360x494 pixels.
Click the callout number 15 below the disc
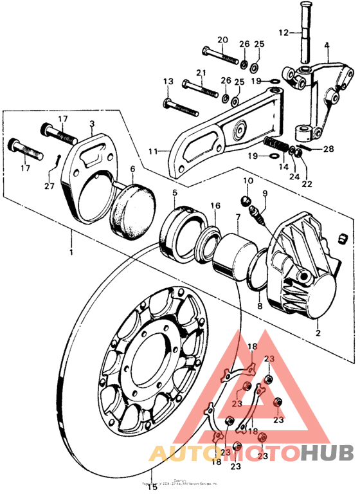[152, 487]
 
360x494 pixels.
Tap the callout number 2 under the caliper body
[317, 334]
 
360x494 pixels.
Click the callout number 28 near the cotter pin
[328, 149]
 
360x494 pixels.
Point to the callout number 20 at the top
[222, 40]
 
